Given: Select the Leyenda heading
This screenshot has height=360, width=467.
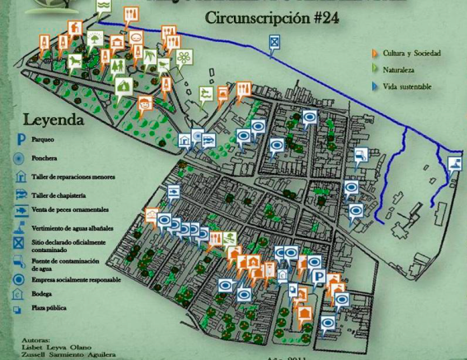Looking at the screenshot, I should [x=54, y=119].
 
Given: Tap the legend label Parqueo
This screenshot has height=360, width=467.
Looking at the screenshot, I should [x=42, y=140].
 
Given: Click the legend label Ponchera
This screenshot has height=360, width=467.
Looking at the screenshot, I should [x=44, y=158].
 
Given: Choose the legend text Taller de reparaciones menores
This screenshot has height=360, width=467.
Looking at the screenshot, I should [x=73, y=177].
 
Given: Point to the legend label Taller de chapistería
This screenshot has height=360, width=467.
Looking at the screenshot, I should [x=58, y=195].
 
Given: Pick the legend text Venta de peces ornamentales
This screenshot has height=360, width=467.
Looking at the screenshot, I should [x=70, y=210].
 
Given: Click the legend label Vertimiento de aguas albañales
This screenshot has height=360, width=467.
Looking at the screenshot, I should [x=72, y=228].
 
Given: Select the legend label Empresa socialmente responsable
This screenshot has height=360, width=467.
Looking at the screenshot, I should [x=76, y=280].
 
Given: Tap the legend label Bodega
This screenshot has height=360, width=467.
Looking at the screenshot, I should [x=41, y=294].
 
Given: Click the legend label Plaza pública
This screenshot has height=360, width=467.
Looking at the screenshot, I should [x=49, y=308].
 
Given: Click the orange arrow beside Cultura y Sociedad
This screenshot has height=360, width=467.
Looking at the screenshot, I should [x=375, y=54].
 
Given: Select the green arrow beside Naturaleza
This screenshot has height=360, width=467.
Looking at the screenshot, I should [x=375, y=70].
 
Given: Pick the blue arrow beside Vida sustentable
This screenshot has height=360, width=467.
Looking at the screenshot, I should [x=375, y=86].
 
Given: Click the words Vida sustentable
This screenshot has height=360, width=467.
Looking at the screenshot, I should [x=407, y=86].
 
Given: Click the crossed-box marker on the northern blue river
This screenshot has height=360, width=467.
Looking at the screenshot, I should [x=274, y=42].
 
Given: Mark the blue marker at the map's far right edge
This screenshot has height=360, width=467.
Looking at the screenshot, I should [x=455, y=164].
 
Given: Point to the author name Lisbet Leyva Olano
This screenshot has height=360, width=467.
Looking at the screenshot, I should [x=57, y=347].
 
